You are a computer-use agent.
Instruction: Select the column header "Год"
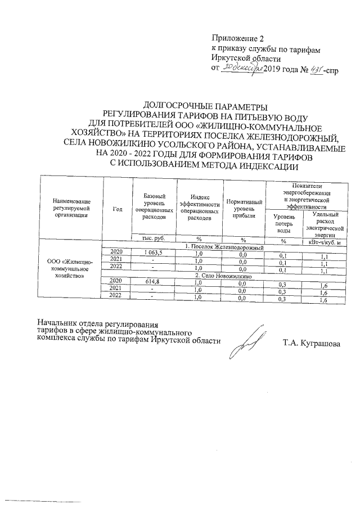tap(117, 209)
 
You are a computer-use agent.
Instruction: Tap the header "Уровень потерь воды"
tap(283, 223)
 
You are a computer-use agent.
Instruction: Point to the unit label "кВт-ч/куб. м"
tap(323, 242)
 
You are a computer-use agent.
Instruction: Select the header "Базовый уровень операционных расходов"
tap(154, 205)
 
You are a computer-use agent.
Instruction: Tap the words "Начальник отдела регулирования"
tap(97, 323)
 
